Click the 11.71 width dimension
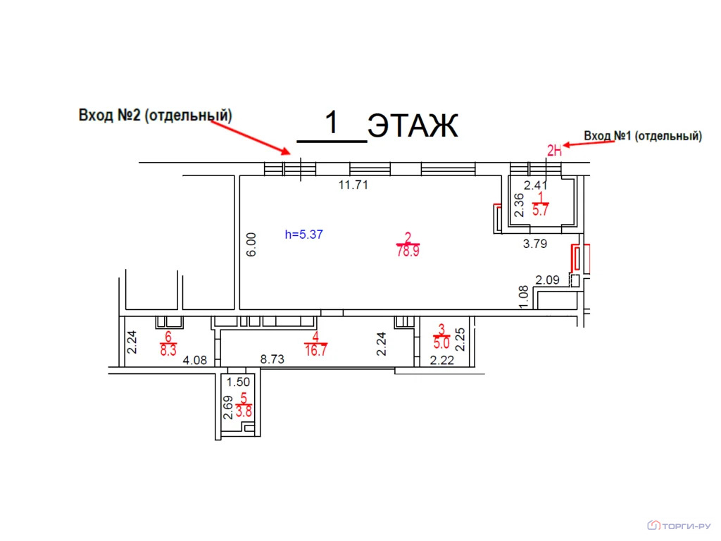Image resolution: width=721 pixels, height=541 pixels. coord(353,185)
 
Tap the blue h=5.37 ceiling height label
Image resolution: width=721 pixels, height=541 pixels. coord(304,235)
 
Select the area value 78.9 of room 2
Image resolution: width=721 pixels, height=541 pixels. coord(408,251)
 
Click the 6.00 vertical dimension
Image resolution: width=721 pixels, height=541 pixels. coord(251,244)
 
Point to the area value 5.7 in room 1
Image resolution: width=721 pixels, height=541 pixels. coord(540,210)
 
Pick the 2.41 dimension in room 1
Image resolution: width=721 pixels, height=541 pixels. coord(536,185)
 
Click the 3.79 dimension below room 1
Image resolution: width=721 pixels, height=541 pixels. coord(535,243)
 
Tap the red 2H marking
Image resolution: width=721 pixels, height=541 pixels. coord(554,151)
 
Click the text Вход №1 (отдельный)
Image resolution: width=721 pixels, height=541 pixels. coord(643,136)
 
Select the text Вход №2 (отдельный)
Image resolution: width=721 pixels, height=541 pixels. coord(156,115)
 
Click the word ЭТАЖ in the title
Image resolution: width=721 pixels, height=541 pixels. coord(413,125)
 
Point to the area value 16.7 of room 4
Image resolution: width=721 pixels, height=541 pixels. coord(316,351)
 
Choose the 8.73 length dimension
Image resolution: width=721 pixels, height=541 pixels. coord(272,359)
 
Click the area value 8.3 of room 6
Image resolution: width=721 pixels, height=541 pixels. coord(168,351)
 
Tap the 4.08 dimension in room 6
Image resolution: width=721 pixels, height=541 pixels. coord(195,360)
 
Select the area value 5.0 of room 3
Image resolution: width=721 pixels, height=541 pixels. coord(441,343)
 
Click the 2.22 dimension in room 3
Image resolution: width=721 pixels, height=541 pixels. coord(442,360)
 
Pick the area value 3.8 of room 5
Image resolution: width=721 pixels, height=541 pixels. coord(244,411)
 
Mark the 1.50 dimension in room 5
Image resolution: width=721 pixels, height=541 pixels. coord(238,382)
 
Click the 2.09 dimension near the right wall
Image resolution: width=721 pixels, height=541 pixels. coord(547,280)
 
